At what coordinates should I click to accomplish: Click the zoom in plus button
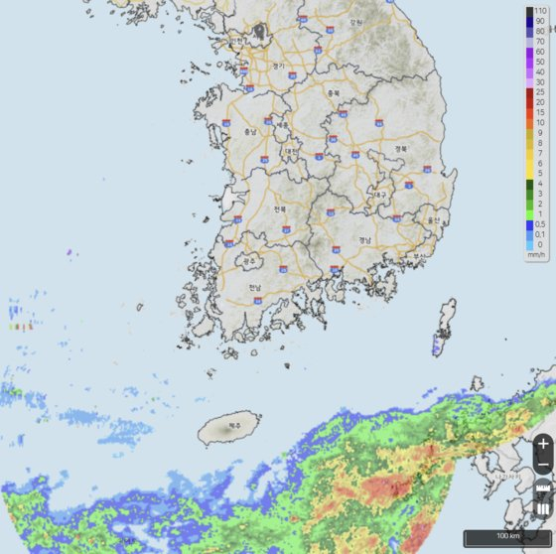(543, 444)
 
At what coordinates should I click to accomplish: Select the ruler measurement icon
(543, 490)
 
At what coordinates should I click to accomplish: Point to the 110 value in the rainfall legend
(538, 10)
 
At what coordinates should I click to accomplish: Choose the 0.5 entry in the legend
(538, 223)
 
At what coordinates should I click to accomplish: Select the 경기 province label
(278, 67)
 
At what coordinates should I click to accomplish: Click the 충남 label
(249, 132)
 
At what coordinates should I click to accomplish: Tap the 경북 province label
(401, 150)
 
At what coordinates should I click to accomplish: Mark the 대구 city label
(379, 196)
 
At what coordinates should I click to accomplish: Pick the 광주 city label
(248, 262)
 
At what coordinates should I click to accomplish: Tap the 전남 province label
(255, 289)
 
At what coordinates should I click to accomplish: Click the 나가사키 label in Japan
(506, 475)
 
